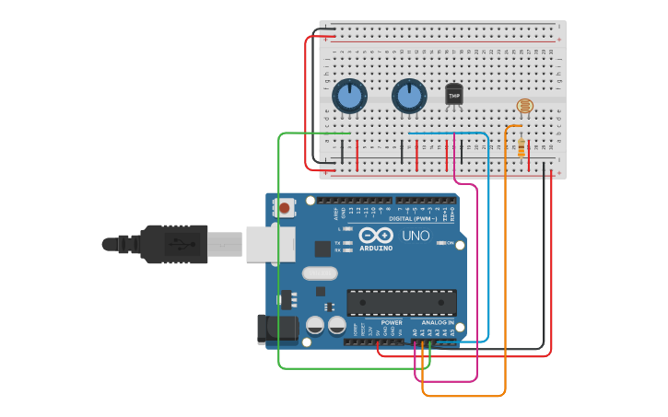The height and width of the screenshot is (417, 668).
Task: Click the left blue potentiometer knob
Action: coord(349,96)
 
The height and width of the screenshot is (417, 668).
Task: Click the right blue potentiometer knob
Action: coord(409,96)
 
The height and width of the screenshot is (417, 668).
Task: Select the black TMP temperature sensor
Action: coord(453,94)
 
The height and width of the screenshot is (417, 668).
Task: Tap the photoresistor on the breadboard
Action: coord(524,106)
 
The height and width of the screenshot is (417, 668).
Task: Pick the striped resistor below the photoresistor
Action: coord(522,147)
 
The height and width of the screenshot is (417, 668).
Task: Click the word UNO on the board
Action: coord(416,236)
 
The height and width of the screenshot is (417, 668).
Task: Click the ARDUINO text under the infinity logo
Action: coord(376,249)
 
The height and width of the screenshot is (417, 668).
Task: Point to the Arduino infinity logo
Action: coord(377,236)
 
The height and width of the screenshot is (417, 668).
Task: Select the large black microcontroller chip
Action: coord(401,302)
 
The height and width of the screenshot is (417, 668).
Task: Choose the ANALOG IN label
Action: coord(438,323)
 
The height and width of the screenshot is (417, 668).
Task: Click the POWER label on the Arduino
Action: coord(392,323)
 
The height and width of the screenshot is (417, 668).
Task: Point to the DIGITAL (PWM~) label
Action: coord(413,219)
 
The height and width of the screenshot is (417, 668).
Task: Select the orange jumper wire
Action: coord(505,276)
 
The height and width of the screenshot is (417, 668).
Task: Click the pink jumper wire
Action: coord(477,276)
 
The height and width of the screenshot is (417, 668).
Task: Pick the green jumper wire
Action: coord(278,258)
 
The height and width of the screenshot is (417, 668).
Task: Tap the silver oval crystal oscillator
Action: coord(320,272)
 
